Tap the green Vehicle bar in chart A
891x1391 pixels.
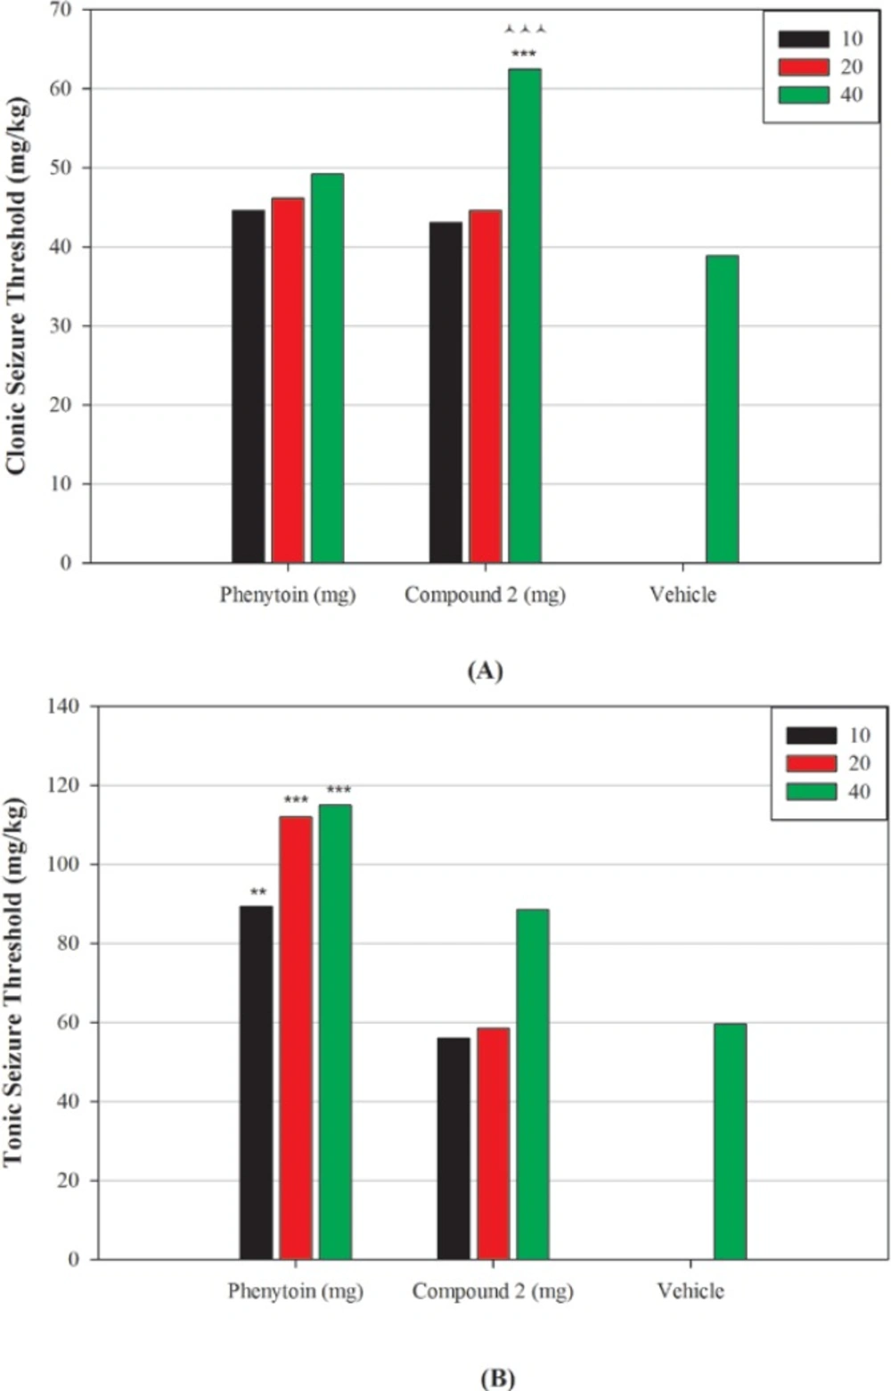click(722, 409)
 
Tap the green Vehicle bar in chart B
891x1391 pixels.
click(730, 1141)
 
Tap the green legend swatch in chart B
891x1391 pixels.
click(811, 791)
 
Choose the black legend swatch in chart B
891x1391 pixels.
click(811, 735)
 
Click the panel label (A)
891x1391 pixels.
click(485, 671)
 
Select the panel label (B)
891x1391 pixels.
click(497, 1378)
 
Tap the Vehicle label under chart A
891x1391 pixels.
click(683, 595)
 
